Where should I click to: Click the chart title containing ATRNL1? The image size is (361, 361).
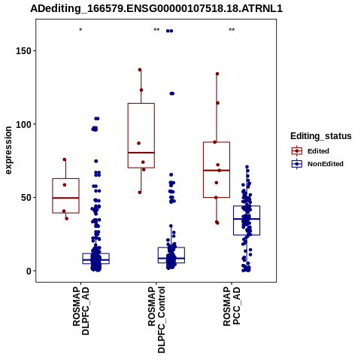tap(156, 8)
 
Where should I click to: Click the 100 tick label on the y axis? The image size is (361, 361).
tap(23, 124)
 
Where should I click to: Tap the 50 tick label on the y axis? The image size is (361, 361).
tap(26, 198)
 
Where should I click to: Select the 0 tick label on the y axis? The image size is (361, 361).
tap(29, 271)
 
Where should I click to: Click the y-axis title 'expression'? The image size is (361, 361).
tap(8, 150)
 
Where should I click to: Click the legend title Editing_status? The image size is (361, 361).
tap(321, 136)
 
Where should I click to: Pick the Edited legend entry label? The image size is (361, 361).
tap(318, 151)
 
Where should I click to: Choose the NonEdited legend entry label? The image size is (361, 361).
tap(326, 164)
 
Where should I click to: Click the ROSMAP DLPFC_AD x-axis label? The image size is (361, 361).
tap(80, 311)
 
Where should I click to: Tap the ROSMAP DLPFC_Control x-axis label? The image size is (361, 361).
tap(156, 320)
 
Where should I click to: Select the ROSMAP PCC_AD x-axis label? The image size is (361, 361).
tap(232, 306)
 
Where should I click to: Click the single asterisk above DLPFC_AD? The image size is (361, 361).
tap(80, 30)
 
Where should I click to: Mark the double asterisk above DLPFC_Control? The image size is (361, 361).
tap(156, 30)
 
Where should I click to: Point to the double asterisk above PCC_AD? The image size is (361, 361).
tap(232, 30)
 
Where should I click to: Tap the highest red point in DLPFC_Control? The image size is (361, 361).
tap(140, 70)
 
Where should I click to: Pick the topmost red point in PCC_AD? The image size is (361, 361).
tap(217, 74)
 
